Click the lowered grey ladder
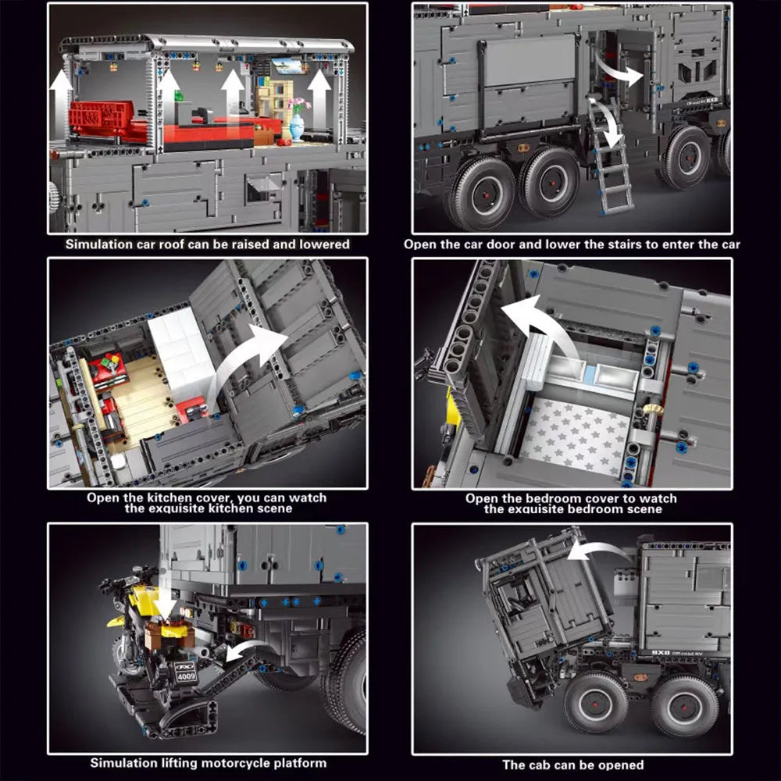coord(611,155)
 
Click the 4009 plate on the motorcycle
coord(187,676)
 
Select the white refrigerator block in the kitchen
coord(181,351)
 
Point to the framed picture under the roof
coord(287,66)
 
